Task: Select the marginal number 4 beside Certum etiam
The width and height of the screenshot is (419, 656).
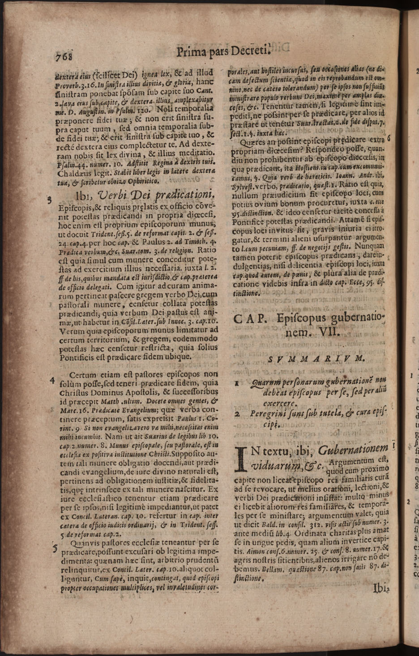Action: pos(52,381)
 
